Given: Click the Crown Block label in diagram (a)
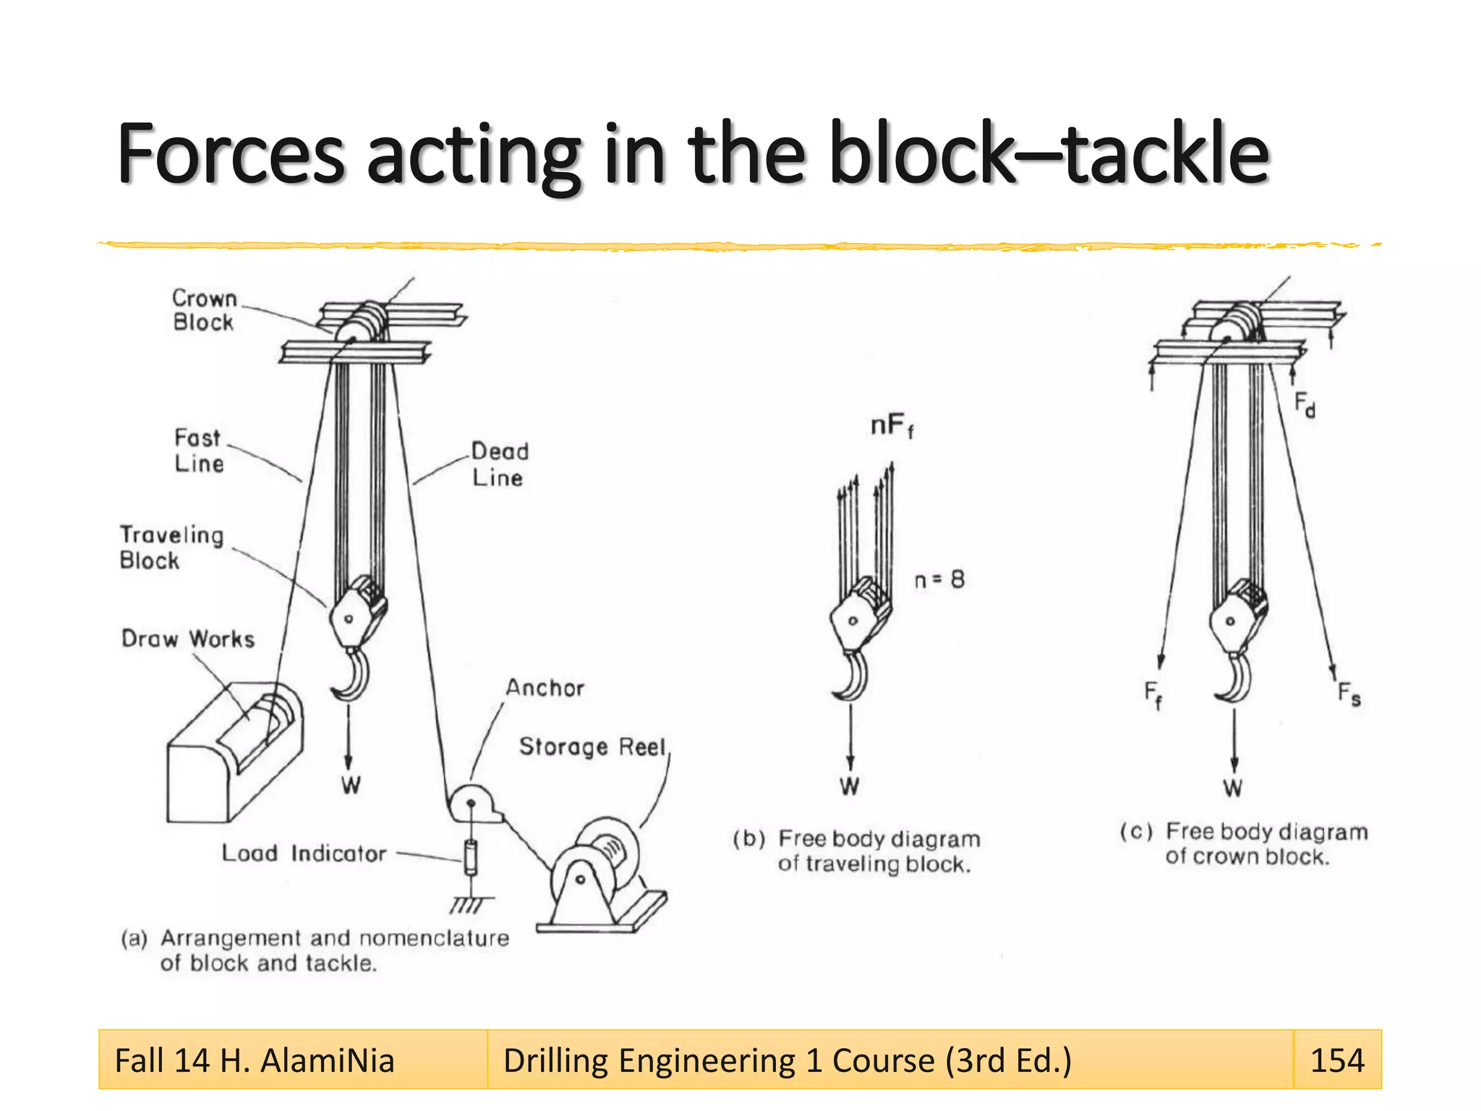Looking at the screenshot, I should coord(204,310).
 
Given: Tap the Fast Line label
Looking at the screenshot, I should coord(198,451).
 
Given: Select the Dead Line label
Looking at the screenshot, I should coord(499,464).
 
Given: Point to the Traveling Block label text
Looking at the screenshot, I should coord(171,548).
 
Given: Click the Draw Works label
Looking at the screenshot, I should coord(188,639).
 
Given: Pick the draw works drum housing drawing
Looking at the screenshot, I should coord(233,752).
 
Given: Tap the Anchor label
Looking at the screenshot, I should coord(545,688).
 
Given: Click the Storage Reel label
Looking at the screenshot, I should coord(592,746).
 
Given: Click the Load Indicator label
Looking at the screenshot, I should coord(304,854).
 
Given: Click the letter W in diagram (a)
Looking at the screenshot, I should coord(351,786).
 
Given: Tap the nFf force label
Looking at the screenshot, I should coord(891,425).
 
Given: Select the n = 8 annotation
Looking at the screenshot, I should coord(939,580).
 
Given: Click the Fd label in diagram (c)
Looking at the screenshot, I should coord(1304,404).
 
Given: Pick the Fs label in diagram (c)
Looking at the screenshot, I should coord(1349,694).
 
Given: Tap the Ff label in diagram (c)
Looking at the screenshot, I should coord(1153,694).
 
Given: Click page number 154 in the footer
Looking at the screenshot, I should coord(1337,1060).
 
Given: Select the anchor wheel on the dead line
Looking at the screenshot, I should coord(471,803).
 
